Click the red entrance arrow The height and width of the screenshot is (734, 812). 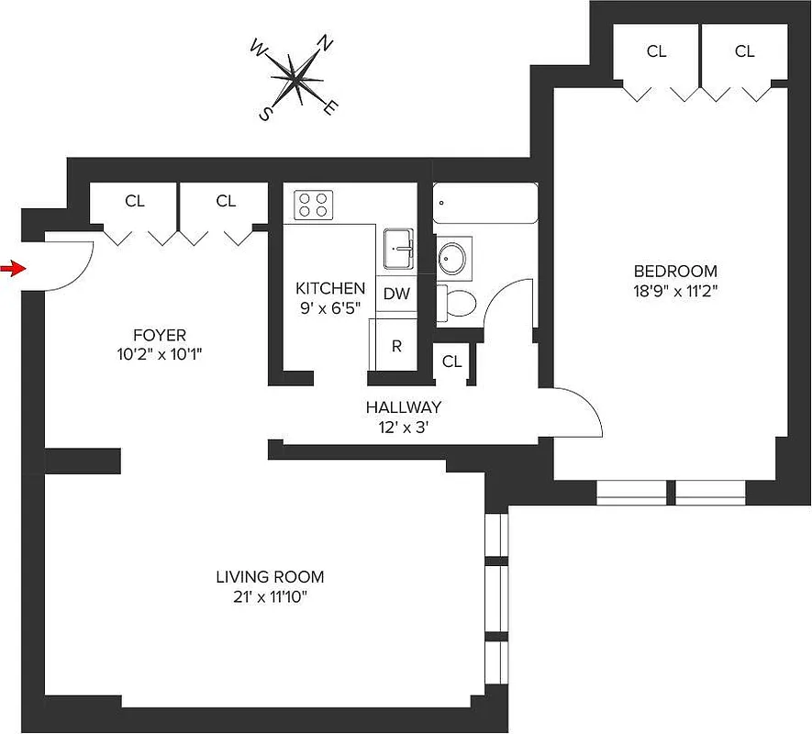pos(11,268)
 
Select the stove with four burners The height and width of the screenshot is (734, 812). pos(313,204)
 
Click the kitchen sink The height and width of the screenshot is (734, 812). pos(399,249)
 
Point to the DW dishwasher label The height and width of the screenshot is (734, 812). pos(396,295)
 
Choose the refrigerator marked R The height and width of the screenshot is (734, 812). pos(396,346)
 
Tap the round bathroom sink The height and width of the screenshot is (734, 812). pos(451,258)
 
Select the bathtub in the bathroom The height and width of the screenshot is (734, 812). pos(484,203)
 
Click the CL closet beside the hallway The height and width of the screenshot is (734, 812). pos(451,361)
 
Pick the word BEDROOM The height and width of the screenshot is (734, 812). pos(675,272)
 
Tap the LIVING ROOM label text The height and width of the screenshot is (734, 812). pos(270,577)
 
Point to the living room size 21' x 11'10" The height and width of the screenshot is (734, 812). pos(270,597)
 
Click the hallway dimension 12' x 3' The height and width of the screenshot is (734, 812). pos(403,426)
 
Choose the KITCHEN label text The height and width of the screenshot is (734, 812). pos(330,288)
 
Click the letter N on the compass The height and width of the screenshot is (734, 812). pos(324,43)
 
